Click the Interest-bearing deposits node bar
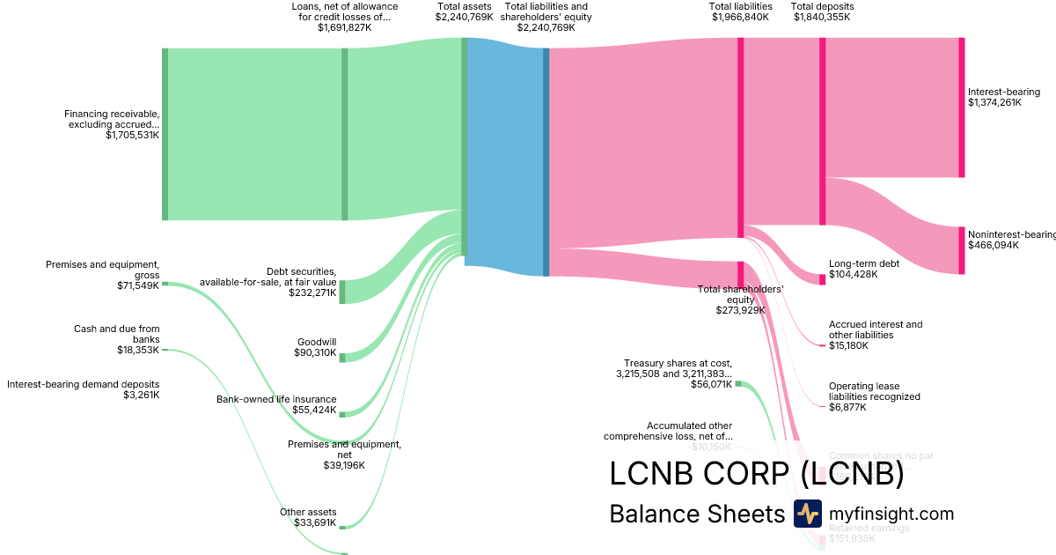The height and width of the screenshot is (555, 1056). point(961,107)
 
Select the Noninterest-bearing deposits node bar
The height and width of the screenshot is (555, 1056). point(961,250)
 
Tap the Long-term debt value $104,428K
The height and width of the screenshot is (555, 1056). point(853,275)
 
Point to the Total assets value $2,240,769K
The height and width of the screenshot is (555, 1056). point(464,17)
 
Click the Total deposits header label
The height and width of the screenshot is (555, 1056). point(822,6)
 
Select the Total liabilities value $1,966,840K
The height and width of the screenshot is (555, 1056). point(740,17)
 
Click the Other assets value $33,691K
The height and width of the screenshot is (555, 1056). point(316,523)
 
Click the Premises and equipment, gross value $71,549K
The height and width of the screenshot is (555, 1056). point(138,285)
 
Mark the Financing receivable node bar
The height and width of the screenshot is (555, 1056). point(165,134)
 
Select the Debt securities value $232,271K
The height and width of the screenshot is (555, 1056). point(312,292)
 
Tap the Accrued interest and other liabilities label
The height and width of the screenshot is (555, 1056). point(876,329)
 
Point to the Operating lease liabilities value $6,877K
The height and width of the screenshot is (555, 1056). point(847,407)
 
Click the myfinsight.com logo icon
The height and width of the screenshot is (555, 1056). point(807,514)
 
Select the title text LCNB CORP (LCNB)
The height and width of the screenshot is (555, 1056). point(757,474)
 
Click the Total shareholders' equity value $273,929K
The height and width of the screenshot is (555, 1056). point(740,310)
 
